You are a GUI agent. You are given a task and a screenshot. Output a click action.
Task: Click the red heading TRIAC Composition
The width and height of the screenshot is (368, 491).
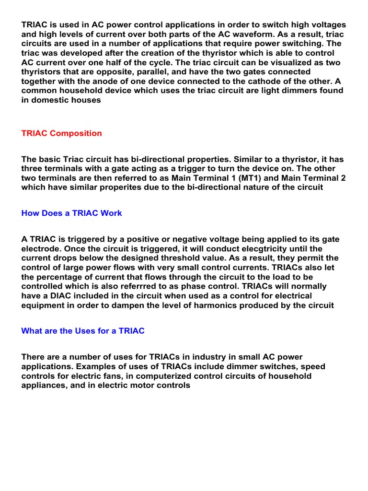(61, 133)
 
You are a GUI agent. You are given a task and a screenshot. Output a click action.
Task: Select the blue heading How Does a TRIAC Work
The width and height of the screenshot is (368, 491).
(72, 213)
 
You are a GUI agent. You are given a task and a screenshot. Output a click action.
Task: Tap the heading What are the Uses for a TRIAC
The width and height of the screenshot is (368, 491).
(83, 331)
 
